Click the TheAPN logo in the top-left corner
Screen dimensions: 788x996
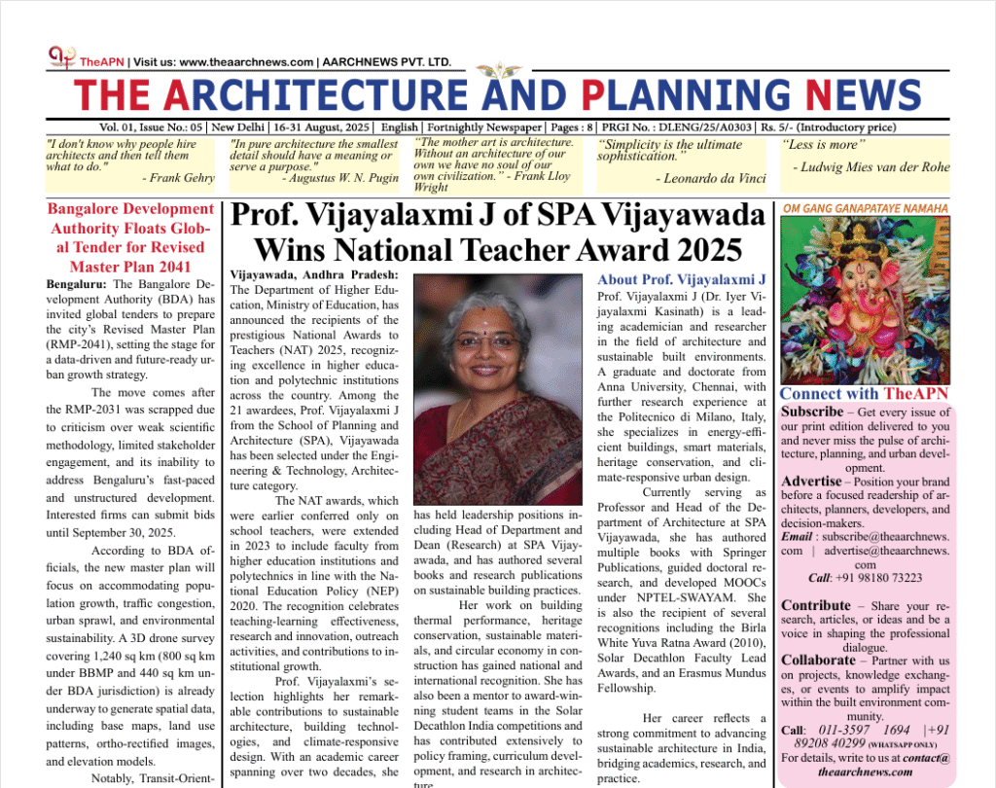[x=61, y=58]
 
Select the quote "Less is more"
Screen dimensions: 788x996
[x=824, y=145]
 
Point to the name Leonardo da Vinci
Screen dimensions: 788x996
[x=710, y=179]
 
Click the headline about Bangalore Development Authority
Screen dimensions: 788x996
[x=129, y=237]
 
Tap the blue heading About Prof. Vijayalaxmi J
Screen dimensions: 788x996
[x=682, y=279]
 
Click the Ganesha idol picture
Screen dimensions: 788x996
[x=866, y=301]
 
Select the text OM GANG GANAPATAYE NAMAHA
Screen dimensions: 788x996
[x=866, y=208]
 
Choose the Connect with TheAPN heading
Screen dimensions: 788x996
[x=865, y=394]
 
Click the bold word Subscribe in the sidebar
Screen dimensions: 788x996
[x=811, y=412]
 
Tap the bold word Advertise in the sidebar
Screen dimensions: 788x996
[x=811, y=481]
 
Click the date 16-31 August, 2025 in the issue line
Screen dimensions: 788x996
[x=323, y=127]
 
